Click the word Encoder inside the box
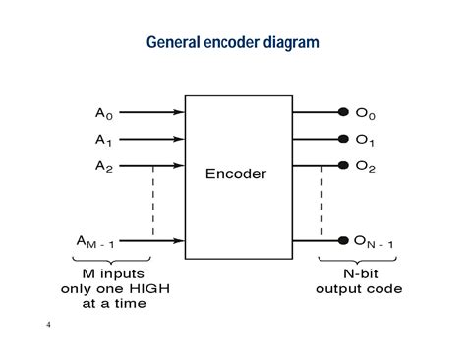tap(235, 174)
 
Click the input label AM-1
tap(101, 240)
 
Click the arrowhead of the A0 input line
tap(180, 112)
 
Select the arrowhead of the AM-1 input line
tap(180, 239)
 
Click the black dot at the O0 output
tap(343, 112)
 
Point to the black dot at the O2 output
tap(343, 164)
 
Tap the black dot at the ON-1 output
tap(343, 239)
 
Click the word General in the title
tap(173, 43)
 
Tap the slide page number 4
tap(47, 324)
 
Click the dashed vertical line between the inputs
tap(153, 202)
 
